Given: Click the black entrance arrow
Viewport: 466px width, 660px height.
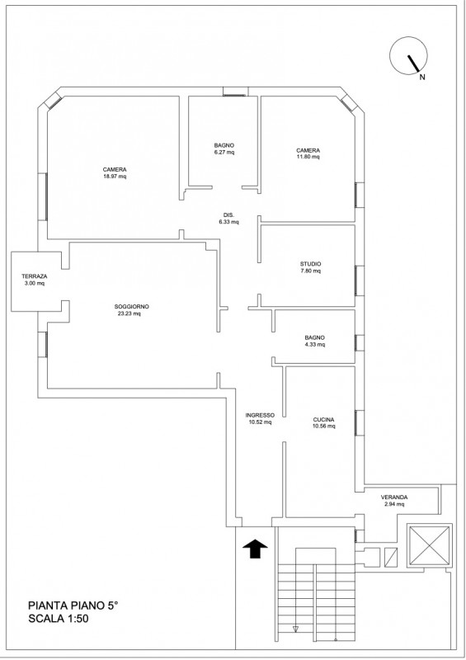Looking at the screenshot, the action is click(x=255, y=549).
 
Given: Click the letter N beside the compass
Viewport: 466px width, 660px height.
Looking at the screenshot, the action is click(x=421, y=77).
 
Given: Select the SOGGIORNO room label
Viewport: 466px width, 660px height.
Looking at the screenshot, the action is click(x=131, y=306).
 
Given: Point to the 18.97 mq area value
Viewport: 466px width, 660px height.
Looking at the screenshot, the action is click(x=115, y=177).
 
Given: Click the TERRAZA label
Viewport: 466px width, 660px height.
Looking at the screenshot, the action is click(x=35, y=276).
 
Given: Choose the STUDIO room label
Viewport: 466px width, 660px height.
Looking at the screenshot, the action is click(x=310, y=264).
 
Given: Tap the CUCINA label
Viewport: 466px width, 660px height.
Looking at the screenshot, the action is click(x=323, y=420).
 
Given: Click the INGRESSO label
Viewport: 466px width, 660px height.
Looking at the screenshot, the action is click(x=260, y=415).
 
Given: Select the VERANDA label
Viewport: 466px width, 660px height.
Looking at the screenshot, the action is click(x=394, y=497).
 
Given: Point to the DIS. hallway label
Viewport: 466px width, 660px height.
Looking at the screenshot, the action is click(x=228, y=215).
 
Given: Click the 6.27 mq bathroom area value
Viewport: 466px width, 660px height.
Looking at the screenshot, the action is click(x=224, y=153).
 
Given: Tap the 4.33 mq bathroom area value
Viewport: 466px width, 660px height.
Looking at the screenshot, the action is click(x=315, y=344).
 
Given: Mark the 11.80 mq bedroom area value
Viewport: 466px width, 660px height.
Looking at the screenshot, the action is click(x=308, y=157).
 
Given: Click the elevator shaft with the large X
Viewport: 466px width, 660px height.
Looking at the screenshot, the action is click(x=430, y=546).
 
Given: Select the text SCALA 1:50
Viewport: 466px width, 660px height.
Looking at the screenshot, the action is click(x=58, y=619).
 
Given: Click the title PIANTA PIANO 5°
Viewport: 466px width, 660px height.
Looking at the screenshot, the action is click(x=73, y=606).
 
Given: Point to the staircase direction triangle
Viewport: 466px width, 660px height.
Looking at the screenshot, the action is click(x=295, y=629).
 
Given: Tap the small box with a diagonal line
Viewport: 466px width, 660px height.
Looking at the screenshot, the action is click(x=391, y=558).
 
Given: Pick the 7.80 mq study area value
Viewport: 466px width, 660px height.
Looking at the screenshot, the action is click(x=310, y=271).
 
